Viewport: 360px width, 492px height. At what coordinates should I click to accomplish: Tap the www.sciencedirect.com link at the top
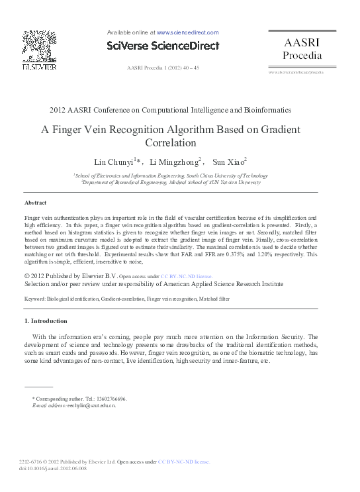click(x=187, y=32)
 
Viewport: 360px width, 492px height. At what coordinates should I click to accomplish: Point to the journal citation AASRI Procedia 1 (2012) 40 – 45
click(x=162, y=68)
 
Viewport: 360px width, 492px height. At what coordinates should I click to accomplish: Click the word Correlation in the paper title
click(x=171, y=142)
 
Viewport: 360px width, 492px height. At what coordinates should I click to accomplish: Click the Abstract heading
click(x=35, y=202)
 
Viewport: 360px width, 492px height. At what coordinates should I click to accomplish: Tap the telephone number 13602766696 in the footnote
click(x=112, y=399)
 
